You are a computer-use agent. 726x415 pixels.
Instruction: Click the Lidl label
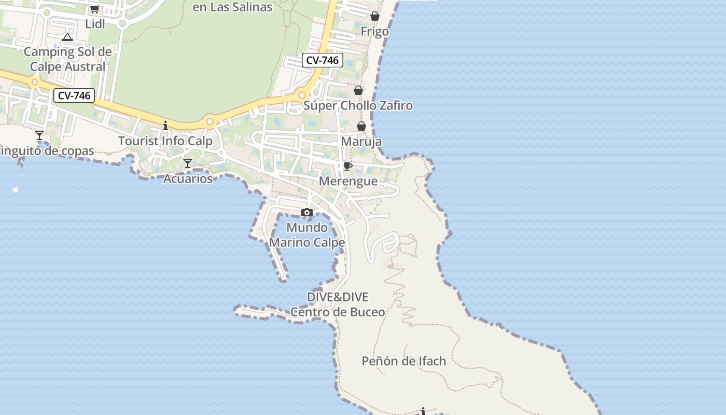pos(95,24)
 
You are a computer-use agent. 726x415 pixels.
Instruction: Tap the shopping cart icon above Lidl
pos(94,9)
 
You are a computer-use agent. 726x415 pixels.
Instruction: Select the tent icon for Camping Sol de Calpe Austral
pos(67,37)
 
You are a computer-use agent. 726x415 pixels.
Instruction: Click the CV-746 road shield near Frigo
pos(322,60)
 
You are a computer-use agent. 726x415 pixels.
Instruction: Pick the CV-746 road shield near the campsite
pos(74,95)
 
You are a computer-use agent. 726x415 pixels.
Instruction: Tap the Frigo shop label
pos(375,32)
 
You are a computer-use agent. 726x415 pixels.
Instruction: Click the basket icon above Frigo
pos(375,17)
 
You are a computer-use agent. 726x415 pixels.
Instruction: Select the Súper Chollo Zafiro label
pos(358,106)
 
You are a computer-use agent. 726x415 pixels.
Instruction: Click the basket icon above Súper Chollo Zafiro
pos(358,91)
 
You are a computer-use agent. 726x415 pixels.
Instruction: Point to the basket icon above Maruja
pos(361,127)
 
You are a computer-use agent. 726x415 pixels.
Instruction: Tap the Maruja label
pos(361,142)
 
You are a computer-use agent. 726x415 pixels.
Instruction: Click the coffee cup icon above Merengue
pos(348,167)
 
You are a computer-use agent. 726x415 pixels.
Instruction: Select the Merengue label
pos(348,181)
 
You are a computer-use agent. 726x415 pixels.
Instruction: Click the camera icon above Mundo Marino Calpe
pos(307,213)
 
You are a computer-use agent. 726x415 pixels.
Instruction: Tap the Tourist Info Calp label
pos(165,141)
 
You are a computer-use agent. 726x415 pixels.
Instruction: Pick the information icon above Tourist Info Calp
pos(165,126)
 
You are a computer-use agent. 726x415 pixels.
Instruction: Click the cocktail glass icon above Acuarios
pos(188,163)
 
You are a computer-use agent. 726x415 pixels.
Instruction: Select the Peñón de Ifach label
pos(404,361)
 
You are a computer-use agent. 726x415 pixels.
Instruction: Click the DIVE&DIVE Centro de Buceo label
pos(338,305)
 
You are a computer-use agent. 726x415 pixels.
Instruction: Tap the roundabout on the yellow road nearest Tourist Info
pos(210,122)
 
